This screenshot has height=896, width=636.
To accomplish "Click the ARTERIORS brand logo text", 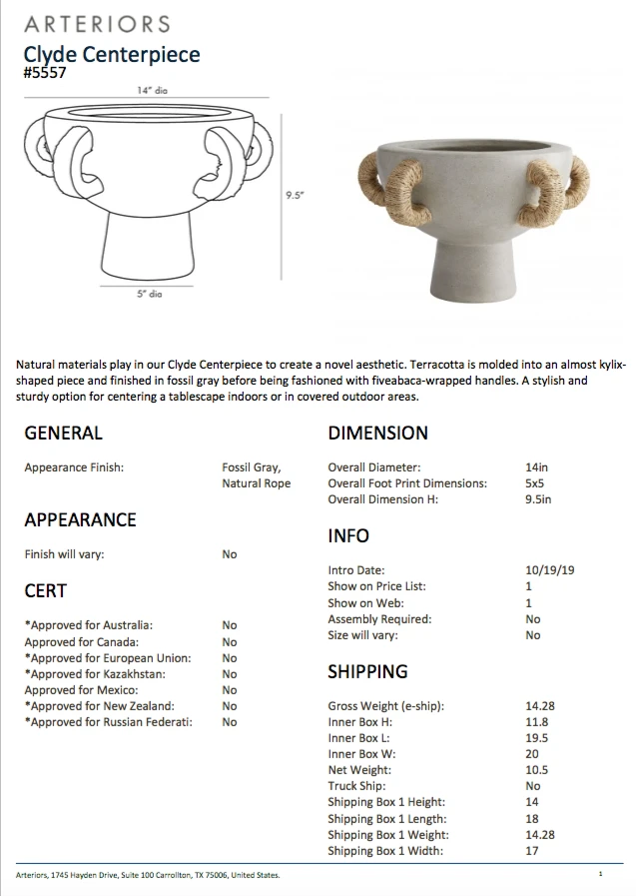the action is click(x=97, y=23).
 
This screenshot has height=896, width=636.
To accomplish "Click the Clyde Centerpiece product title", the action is click(x=112, y=55).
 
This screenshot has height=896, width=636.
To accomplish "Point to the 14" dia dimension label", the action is click(x=152, y=91).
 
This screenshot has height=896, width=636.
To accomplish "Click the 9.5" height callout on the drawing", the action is click(x=294, y=196).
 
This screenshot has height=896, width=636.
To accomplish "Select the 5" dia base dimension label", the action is click(x=148, y=295).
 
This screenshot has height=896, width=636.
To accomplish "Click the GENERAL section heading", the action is click(x=63, y=434).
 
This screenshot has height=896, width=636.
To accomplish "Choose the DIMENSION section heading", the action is click(x=377, y=434).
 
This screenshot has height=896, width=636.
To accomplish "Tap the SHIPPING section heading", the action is click(x=367, y=672).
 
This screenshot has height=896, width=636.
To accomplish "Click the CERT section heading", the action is click(x=45, y=591).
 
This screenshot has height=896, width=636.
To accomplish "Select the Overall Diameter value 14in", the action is click(x=537, y=467).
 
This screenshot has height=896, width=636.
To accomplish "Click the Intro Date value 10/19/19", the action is click(x=549, y=571).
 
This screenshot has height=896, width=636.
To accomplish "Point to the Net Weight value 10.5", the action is click(x=536, y=771).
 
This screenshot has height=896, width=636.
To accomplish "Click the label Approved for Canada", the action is click(x=82, y=642).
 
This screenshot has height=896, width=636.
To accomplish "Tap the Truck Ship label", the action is click(x=356, y=787).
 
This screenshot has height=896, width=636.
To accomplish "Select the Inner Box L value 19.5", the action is click(x=536, y=739).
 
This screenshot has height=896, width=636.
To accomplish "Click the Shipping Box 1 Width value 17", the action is click(x=531, y=851).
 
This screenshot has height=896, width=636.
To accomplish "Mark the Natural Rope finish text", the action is click(x=257, y=483).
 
